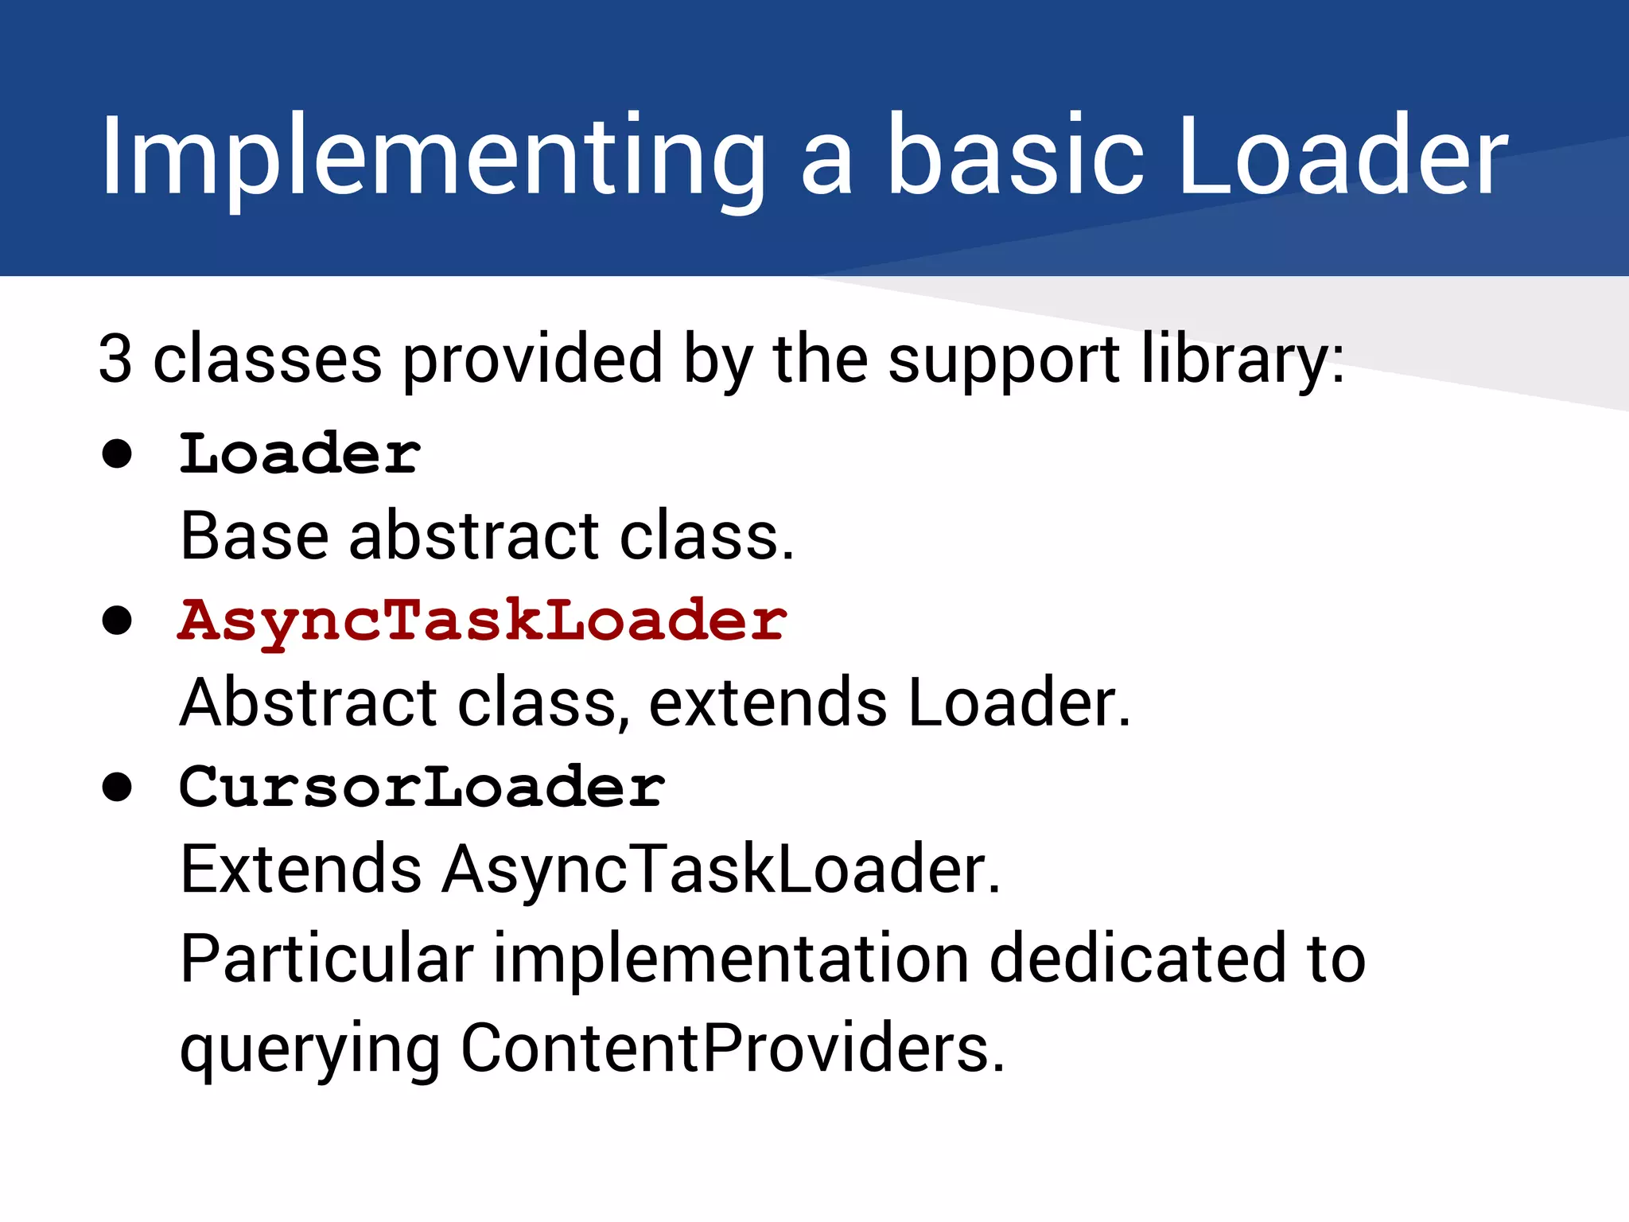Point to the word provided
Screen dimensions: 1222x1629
click(532, 358)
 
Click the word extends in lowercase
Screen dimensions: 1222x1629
click(768, 703)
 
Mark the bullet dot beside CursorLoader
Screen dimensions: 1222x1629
click(117, 787)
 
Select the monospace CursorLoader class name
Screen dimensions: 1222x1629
click(422, 787)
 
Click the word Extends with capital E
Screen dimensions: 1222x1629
click(301, 869)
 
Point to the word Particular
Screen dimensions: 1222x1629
click(327, 959)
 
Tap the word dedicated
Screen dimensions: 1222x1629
click(1137, 959)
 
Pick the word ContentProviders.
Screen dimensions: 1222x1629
click(733, 1049)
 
